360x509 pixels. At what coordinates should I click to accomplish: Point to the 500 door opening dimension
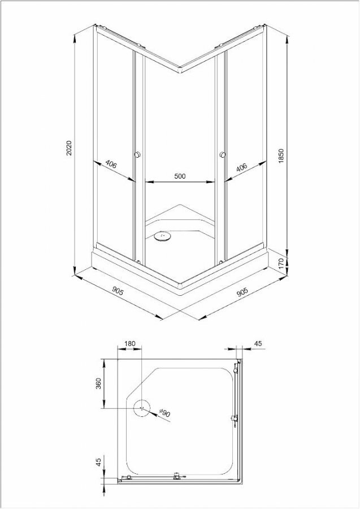pyautogui.click(x=180, y=176)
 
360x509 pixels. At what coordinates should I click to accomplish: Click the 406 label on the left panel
pyautogui.click(x=111, y=165)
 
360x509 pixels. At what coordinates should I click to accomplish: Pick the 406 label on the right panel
pyautogui.click(x=242, y=167)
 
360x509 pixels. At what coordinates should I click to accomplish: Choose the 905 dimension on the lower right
pyautogui.click(x=241, y=292)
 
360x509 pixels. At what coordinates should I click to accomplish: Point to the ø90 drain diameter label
pyautogui.click(x=164, y=413)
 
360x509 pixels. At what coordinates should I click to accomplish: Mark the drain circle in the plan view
pyautogui.click(x=142, y=409)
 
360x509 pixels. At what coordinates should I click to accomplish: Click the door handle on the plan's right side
pyautogui.click(x=233, y=419)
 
